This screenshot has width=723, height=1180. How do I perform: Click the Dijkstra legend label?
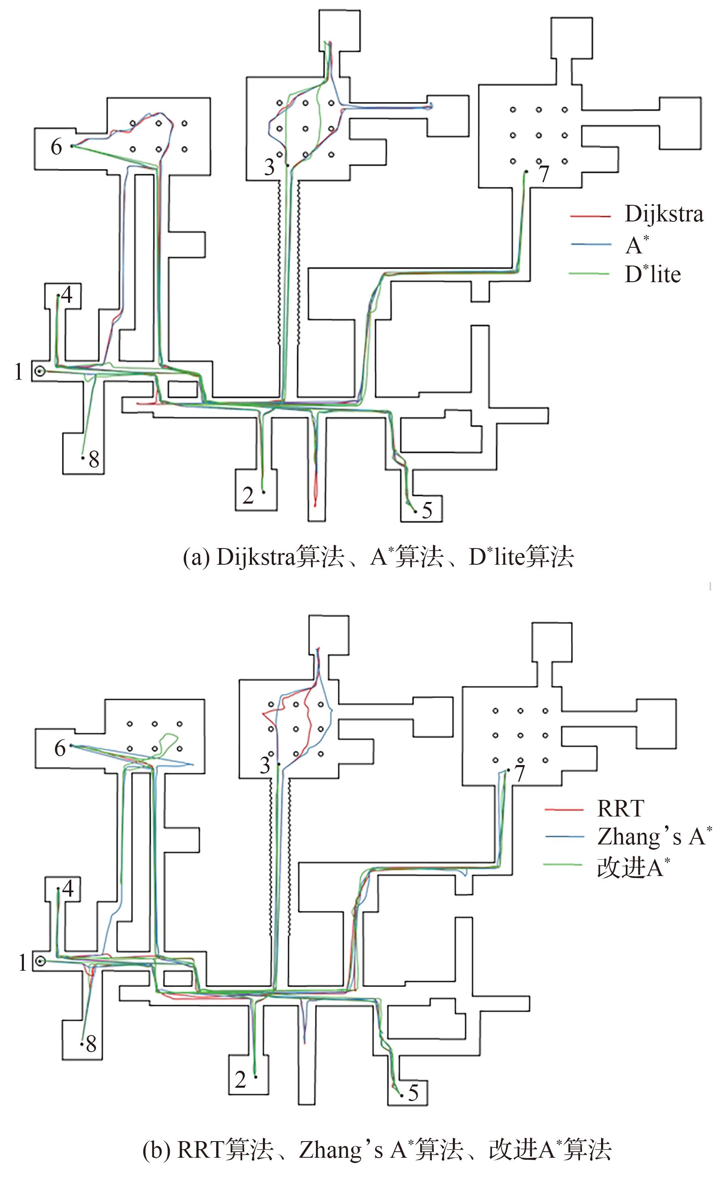tap(663, 214)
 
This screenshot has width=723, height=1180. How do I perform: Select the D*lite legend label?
tap(653, 274)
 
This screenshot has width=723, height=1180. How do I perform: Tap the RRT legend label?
tap(621, 809)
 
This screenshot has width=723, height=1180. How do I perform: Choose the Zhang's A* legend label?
tap(655, 837)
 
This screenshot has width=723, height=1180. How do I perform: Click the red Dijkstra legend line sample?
tap(590, 217)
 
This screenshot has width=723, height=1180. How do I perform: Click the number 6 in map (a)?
tap(57, 147)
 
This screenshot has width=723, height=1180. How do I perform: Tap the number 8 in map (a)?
tap(94, 460)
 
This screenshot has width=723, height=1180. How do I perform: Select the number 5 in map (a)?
tap(427, 510)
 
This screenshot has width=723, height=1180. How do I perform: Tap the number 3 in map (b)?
tap(265, 765)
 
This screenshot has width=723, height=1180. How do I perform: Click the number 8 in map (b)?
tap(91, 1044)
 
